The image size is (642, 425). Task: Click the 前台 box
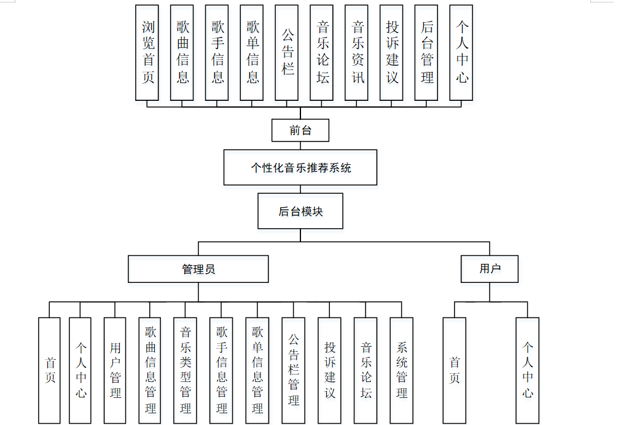[300, 130]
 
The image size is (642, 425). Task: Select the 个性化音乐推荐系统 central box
[300, 167]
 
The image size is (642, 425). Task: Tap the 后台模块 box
[300, 212]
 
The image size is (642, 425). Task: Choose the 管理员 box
[198, 269]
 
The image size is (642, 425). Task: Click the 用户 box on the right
[490, 269]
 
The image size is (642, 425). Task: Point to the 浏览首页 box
[148, 52]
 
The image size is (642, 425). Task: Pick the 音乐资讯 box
[358, 52]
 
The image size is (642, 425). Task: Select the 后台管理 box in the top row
[427, 52]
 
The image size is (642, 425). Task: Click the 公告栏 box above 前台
[288, 52]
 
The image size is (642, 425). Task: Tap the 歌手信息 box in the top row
[217, 52]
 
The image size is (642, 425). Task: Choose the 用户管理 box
[115, 370]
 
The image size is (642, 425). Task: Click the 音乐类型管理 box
[186, 370]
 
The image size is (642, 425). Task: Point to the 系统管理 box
[401, 370]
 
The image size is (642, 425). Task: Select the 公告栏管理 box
[294, 370]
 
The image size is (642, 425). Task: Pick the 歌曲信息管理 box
[151, 370]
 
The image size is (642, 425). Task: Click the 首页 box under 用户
[454, 370]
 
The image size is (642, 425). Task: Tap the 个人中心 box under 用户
[527, 370]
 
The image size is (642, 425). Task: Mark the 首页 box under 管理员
[49, 370]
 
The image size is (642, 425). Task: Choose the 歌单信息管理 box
[257, 370]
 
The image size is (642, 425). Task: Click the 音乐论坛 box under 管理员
[366, 370]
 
